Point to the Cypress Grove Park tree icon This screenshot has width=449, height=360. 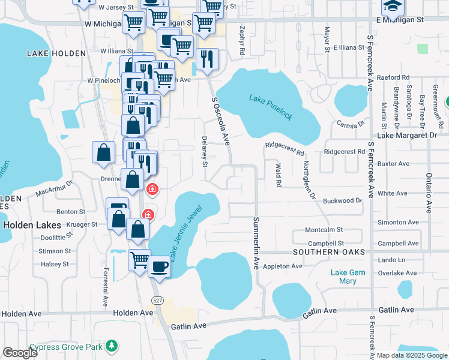tap(111, 346)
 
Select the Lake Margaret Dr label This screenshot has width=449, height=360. tap(408, 136)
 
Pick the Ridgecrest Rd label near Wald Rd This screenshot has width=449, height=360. tap(285, 149)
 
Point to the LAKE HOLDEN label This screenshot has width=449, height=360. tap(56, 53)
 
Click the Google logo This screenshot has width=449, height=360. tap(20, 353)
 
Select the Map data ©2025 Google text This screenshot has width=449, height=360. tap(411, 355)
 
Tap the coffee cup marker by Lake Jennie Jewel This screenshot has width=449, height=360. tap(159, 266)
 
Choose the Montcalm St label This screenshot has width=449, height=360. tap(324, 230)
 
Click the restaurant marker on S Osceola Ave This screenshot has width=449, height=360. tap(207, 59)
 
